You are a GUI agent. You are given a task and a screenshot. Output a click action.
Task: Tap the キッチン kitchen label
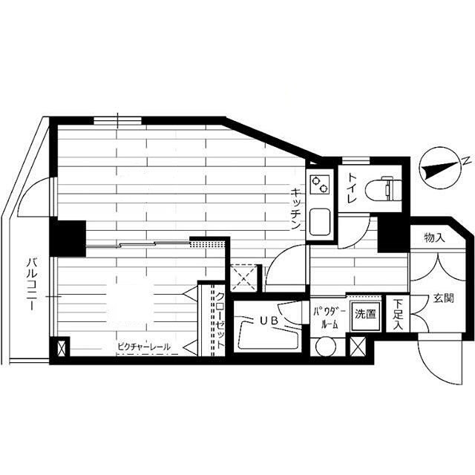click(x=295, y=209)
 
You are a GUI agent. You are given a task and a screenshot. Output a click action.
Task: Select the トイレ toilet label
click(x=352, y=188)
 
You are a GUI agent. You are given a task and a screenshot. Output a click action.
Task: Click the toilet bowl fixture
click(x=383, y=189)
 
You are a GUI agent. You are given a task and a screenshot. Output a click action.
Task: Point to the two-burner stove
click(x=320, y=184)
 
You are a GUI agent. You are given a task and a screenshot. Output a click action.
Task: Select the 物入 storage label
click(x=434, y=237)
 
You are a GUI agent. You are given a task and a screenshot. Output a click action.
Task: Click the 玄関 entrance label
click(x=443, y=298)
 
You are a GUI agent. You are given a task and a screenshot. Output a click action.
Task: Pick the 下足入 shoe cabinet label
click(x=398, y=315)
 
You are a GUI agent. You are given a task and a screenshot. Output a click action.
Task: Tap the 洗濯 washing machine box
click(x=365, y=315)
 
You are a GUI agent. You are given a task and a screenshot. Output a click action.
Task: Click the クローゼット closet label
click(x=220, y=321)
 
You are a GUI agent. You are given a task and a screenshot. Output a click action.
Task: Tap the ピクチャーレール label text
click(x=144, y=347)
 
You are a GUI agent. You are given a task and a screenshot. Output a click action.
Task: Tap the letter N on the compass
click(x=465, y=161)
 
